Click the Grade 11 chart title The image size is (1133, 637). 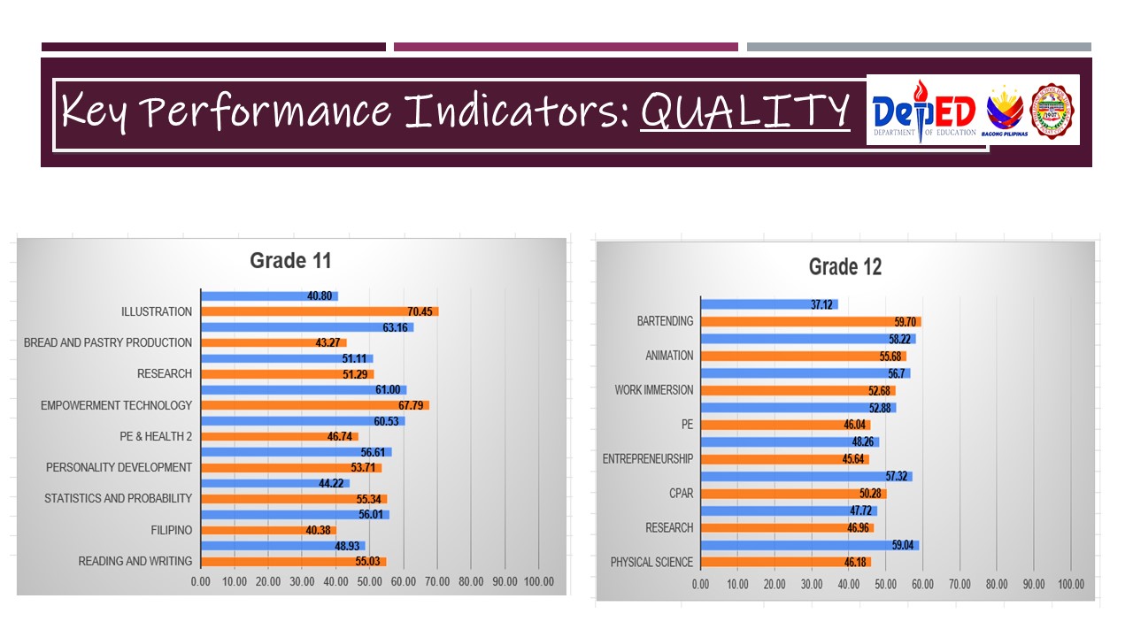pyautogui.click(x=290, y=260)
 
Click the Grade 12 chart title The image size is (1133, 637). pyautogui.click(x=845, y=266)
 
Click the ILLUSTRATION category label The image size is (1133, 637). pyautogui.click(x=157, y=311)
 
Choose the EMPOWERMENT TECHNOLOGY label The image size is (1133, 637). pyautogui.click(x=116, y=405)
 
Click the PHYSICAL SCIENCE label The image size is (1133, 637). pyautogui.click(x=651, y=562)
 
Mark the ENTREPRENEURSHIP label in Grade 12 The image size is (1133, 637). pyautogui.click(x=648, y=459)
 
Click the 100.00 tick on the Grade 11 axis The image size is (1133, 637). pyautogui.click(x=539, y=581)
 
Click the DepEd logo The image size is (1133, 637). pyautogui.click(x=924, y=111)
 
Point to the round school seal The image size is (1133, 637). pyautogui.click(x=1054, y=111)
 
